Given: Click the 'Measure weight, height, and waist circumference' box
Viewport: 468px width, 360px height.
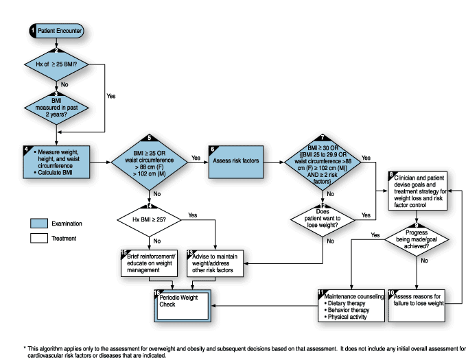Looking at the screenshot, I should coord(58,161).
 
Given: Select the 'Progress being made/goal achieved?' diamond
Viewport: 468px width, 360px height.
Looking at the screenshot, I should coord(416,241).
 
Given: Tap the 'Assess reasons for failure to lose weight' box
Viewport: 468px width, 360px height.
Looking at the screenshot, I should coord(416,300).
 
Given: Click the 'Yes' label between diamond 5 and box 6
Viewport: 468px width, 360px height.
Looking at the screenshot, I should coord(196,158).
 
